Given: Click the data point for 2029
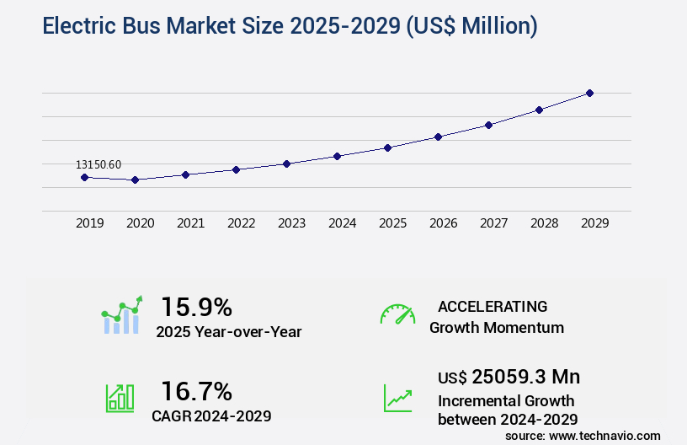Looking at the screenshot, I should point(589,93).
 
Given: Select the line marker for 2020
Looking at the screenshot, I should point(135,180).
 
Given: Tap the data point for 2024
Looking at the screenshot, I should point(337,156).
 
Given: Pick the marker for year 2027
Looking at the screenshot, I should point(488,125).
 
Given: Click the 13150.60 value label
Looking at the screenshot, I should point(99,165).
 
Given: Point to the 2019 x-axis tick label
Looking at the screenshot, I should point(90,223).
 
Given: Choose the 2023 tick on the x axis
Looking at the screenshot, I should point(292,223).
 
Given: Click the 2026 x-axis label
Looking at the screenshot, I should point(444,223).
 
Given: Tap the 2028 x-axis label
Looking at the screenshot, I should point(545,223).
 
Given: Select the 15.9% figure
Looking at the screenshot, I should point(196,306).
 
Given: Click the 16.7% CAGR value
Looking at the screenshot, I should point(196,391).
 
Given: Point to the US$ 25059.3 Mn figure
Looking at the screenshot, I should point(509,377).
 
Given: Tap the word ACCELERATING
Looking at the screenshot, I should point(493,306).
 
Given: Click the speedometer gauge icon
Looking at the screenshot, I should point(397,314).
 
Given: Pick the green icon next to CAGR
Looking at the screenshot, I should point(120,397).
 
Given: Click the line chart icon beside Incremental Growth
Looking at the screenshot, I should point(397,398).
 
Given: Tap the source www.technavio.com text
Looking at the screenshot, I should point(583,435).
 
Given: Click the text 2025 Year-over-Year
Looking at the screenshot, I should point(228,331).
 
